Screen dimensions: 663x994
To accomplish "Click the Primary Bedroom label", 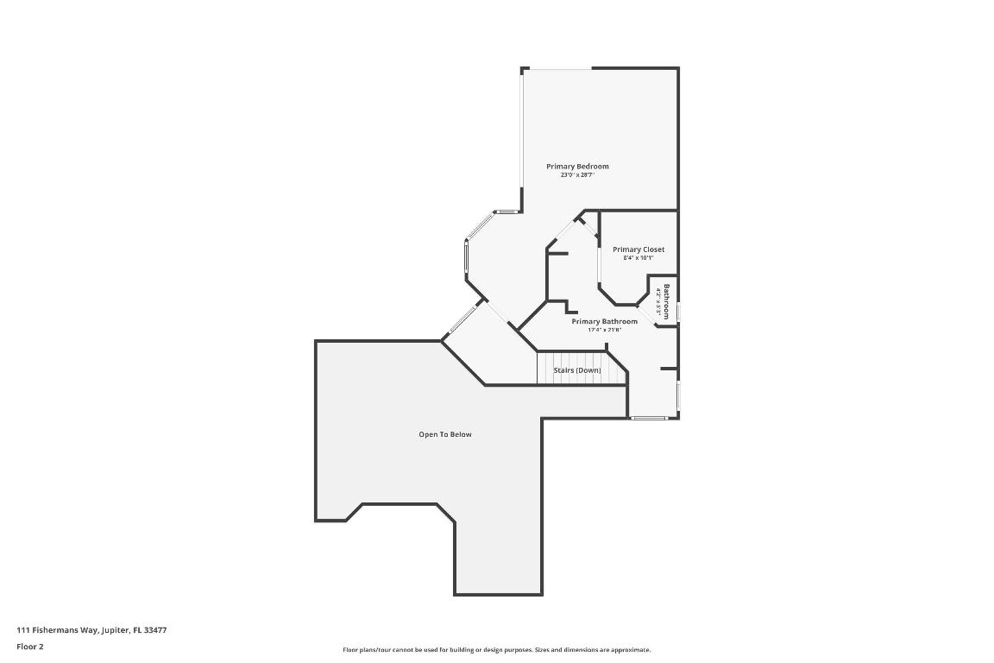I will click(x=577, y=166).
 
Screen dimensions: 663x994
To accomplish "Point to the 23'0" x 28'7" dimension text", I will click(x=577, y=175).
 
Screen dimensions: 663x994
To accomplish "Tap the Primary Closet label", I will click(x=639, y=249).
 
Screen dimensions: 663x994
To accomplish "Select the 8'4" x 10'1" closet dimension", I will click(x=639, y=258).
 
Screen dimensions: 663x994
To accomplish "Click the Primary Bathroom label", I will click(x=604, y=321).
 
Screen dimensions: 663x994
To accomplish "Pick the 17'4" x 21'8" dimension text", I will click(x=604, y=330).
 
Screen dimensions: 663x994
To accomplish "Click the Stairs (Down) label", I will click(x=577, y=370).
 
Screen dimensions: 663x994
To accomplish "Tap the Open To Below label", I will click(x=445, y=434).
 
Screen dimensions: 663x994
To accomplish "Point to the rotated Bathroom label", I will click(x=666, y=301).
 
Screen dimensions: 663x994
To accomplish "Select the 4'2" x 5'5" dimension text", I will click(x=658, y=303).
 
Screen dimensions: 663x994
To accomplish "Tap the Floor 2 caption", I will click(x=29, y=647).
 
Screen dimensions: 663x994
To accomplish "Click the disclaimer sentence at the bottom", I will click(x=497, y=650).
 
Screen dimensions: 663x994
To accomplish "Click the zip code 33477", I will click(x=156, y=630).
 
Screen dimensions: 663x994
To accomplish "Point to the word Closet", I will click(x=653, y=249).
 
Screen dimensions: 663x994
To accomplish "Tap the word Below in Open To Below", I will click(x=461, y=434).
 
